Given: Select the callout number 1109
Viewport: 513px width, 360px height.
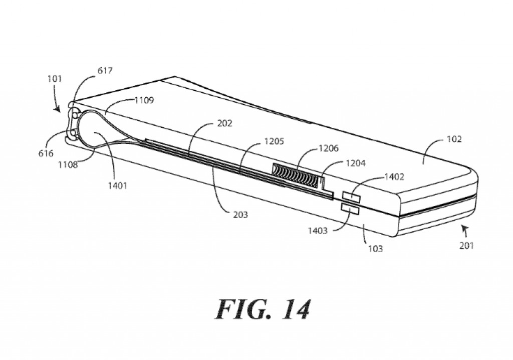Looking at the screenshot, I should tap(144, 100).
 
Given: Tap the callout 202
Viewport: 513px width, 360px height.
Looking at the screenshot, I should tap(225, 123).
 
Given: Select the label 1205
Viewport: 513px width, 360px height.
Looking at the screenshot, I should tap(274, 142).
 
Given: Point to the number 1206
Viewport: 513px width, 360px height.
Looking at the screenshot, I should tap(328, 148).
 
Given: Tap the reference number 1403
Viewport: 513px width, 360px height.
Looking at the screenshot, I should tap(317, 231).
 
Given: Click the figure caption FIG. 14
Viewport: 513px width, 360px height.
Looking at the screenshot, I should tap(263, 309).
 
